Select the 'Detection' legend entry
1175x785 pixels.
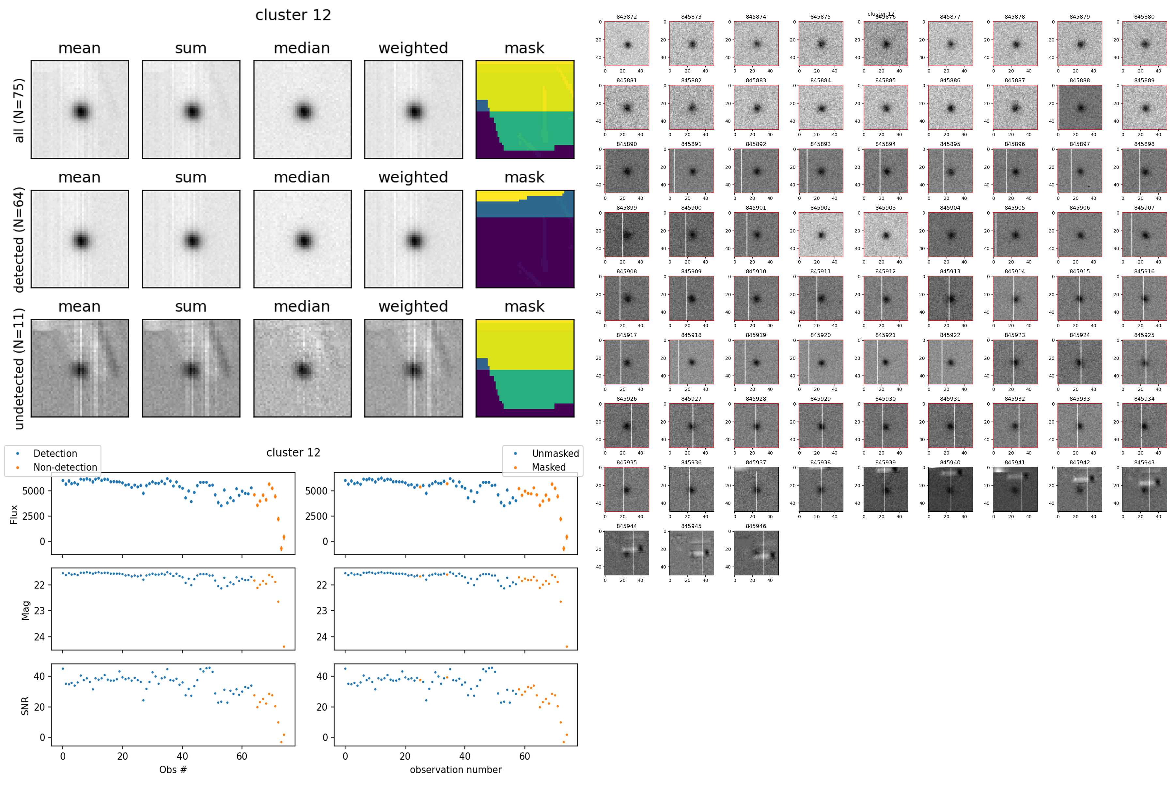pos(55,454)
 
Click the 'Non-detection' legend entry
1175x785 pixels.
pos(65,467)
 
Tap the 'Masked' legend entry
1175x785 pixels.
pos(548,467)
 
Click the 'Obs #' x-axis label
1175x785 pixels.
pos(173,769)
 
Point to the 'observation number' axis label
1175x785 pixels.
pos(455,769)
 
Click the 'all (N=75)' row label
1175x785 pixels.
pos(19,110)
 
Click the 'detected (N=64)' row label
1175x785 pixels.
pos(19,239)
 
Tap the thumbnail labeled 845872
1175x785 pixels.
pos(627,43)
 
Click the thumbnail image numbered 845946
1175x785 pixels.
pos(756,553)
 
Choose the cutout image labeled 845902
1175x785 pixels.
pos(821,234)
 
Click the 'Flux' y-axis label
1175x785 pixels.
pos(14,514)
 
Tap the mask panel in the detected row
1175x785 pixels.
pos(525,239)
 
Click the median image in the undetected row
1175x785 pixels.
pos(302,368)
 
